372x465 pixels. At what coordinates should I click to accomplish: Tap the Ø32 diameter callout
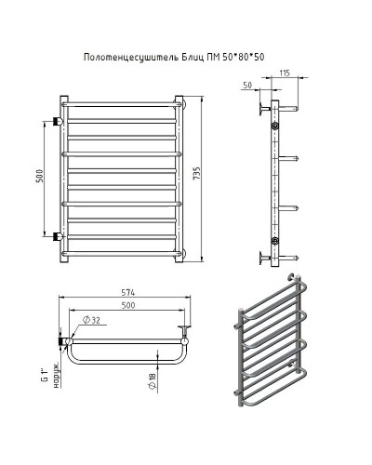(95, 322)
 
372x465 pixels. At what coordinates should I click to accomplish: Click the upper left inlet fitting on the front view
(60, 121)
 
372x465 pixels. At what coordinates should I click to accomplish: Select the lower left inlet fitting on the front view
(60, 234)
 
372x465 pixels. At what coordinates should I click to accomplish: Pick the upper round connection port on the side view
(274, 124)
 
